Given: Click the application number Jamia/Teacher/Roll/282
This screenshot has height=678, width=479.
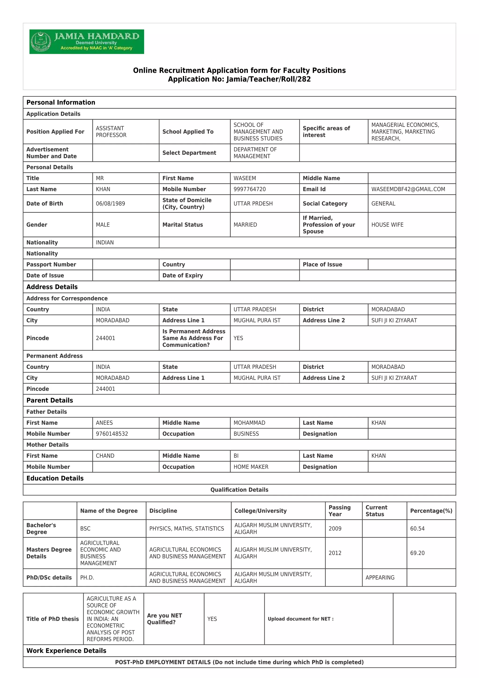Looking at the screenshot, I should coord(239,79).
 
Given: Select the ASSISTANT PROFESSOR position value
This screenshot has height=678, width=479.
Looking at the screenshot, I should coord(111,132).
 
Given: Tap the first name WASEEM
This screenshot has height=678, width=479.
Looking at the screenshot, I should coord(245,178).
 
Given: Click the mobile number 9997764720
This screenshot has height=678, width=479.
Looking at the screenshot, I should coord(250,189).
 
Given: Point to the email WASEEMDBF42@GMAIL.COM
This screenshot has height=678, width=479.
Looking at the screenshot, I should coord(408,189).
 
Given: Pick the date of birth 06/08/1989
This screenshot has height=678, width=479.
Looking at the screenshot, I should coord(110,203).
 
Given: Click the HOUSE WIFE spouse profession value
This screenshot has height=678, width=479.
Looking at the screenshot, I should coord(387,225).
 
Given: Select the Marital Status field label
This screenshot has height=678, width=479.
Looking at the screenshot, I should coord(183,225).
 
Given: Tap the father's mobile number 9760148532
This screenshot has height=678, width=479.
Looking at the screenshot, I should coord(112,434).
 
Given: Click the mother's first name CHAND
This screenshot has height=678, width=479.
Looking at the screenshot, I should coord(105,456).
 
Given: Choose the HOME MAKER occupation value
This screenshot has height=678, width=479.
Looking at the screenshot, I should coord(251,467).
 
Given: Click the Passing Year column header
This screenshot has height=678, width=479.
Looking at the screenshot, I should coord(340,511).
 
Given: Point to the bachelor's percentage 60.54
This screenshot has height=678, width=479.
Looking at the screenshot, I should coord(417,529).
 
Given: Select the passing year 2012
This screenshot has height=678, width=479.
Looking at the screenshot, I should coord(335,553).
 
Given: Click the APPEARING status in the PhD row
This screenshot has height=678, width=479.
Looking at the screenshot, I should coord(380,578).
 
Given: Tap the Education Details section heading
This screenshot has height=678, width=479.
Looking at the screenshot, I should coord(55,478).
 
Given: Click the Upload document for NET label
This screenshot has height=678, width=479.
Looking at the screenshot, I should coord(301,619).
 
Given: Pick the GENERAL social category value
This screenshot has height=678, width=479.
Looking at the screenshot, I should coord(383,203).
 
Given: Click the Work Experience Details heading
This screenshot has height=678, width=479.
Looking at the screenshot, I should coord(66,651).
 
